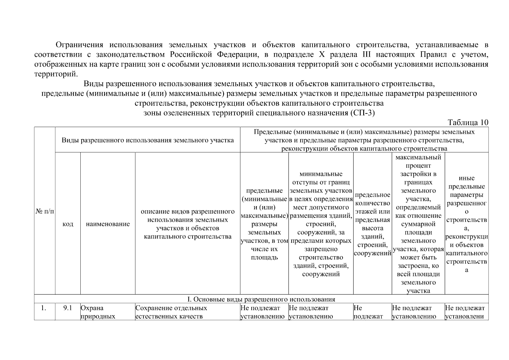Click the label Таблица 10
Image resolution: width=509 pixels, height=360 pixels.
coord(468,122)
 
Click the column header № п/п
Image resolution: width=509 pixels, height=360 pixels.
coord(45,211)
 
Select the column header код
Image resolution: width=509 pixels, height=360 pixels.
coord(68,224)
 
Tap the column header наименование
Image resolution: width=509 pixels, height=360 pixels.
coord(108,224)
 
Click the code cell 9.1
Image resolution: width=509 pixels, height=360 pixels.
coord(68,308)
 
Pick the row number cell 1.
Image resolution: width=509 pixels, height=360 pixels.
coord(44,308)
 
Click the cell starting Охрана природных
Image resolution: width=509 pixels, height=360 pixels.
coord(98,312)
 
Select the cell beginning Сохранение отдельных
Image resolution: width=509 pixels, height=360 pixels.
coord(171,312)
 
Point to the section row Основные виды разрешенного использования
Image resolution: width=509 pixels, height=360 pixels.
coord(261,299)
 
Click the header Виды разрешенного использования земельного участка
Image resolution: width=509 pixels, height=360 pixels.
coord(148,140)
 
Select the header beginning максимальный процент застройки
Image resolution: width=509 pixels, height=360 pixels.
coord(418,224)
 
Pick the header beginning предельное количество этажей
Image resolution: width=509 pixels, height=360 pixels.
coord(373,224)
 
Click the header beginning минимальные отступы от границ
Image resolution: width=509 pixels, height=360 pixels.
coord(321,224)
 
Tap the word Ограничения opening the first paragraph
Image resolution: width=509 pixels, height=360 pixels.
coord(79,45)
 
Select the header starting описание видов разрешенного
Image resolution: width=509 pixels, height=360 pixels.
coord(187,224)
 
